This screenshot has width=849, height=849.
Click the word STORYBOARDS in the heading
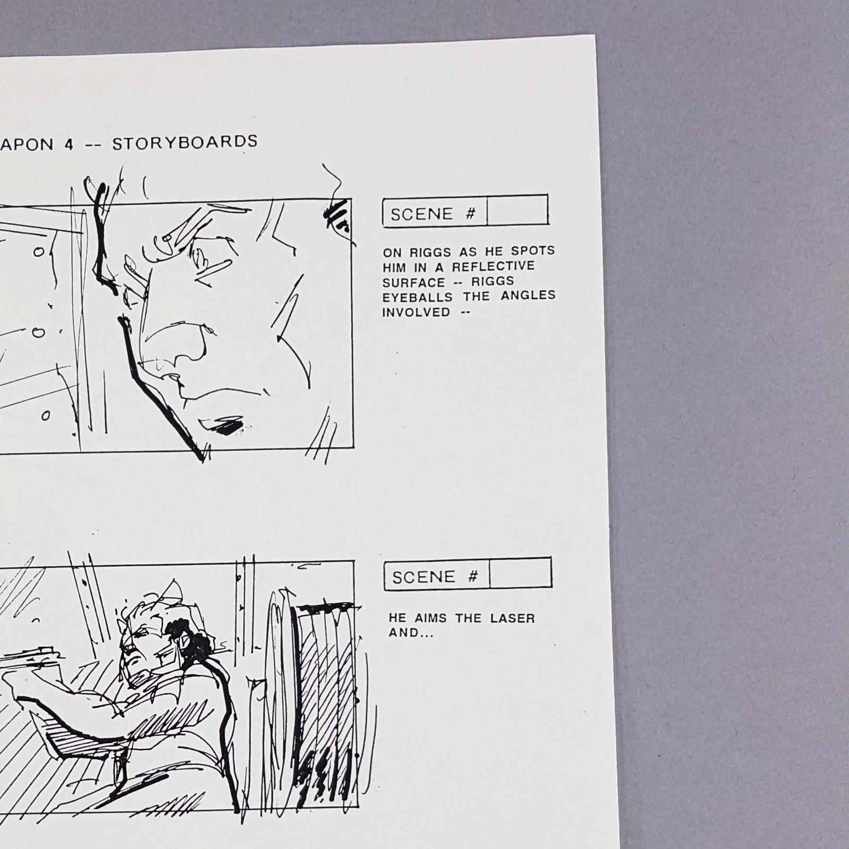click(185, 143)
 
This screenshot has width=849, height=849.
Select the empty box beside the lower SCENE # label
click(521, 573)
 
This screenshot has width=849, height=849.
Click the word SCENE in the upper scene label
click(422, 214)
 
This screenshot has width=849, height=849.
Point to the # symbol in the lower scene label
click(472, 576)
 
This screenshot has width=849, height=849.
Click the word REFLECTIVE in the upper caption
click(493, 266)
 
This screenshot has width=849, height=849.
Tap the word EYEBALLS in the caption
click(418, 297)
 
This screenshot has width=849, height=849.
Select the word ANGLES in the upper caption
click(528, 295)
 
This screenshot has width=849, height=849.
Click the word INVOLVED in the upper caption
click(417, 312)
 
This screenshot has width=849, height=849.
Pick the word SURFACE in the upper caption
click(414, 282)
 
